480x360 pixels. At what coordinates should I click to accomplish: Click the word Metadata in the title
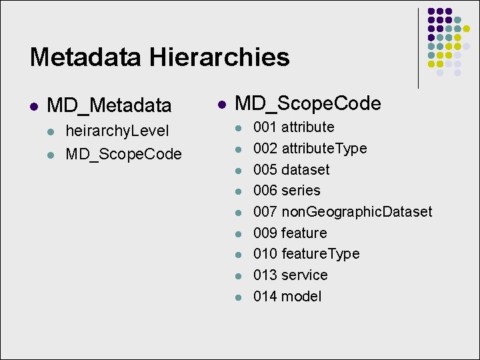click(x=85, y=57)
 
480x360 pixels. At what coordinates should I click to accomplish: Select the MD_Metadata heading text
click(x=109, y=105)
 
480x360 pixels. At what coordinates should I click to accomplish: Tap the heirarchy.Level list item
click(x=117, y=131)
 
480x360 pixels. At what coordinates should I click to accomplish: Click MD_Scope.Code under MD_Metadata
click(x=123, y=155)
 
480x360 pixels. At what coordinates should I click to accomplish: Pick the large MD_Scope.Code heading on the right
click(x=308, y=103)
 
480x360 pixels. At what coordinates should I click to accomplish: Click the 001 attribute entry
click(x=293, y=127)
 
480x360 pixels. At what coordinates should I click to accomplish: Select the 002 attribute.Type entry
click(x=309, y=148)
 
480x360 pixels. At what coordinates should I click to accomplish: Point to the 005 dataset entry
click(x=291, y=169)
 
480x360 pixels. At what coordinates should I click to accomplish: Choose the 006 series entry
click(x=287, y=190)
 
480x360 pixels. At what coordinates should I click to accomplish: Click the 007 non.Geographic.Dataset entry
click(x=342, y=211)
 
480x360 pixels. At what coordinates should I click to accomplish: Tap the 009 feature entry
click(x=290, y=233)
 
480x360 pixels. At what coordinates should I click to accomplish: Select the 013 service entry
click(x=290, y=275)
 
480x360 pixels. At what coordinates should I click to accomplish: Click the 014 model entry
click(x=287, y=296)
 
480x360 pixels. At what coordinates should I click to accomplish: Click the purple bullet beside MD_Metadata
click(x=33, y=105)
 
